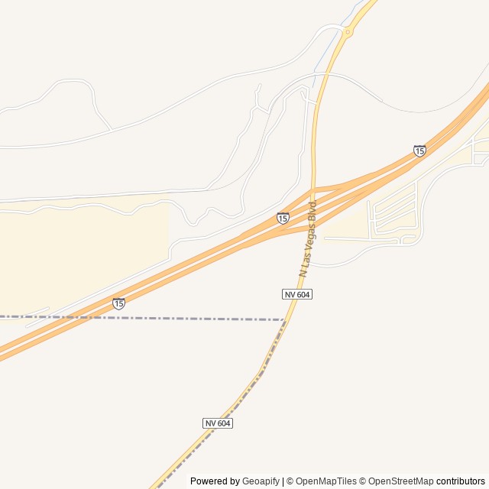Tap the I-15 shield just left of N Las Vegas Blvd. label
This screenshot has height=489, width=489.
(x=283, y=218)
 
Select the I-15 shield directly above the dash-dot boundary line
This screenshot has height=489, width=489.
(x=118, y=303)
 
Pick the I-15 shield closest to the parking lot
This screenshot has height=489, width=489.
(x=419, y=151)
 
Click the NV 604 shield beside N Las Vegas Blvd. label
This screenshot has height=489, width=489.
(x=296, y=294)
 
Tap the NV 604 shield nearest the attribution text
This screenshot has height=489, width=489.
(x=218, y=423)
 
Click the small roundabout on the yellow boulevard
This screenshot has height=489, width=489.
(x=348, y=32)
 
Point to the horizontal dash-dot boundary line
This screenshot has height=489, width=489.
(x=153, y=318)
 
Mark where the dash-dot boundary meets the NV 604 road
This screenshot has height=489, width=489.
(x=284, y=320)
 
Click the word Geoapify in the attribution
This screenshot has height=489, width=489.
(x=261, y=481)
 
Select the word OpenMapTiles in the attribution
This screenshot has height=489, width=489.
(x=326, y=481)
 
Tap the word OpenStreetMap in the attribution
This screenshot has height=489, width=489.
(x=400, y=481)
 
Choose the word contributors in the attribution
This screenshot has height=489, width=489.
(x=461, y=481)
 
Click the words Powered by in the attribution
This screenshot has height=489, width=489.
(x=215, y=481)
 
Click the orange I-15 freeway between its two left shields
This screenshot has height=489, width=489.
(x=199, y=264)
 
